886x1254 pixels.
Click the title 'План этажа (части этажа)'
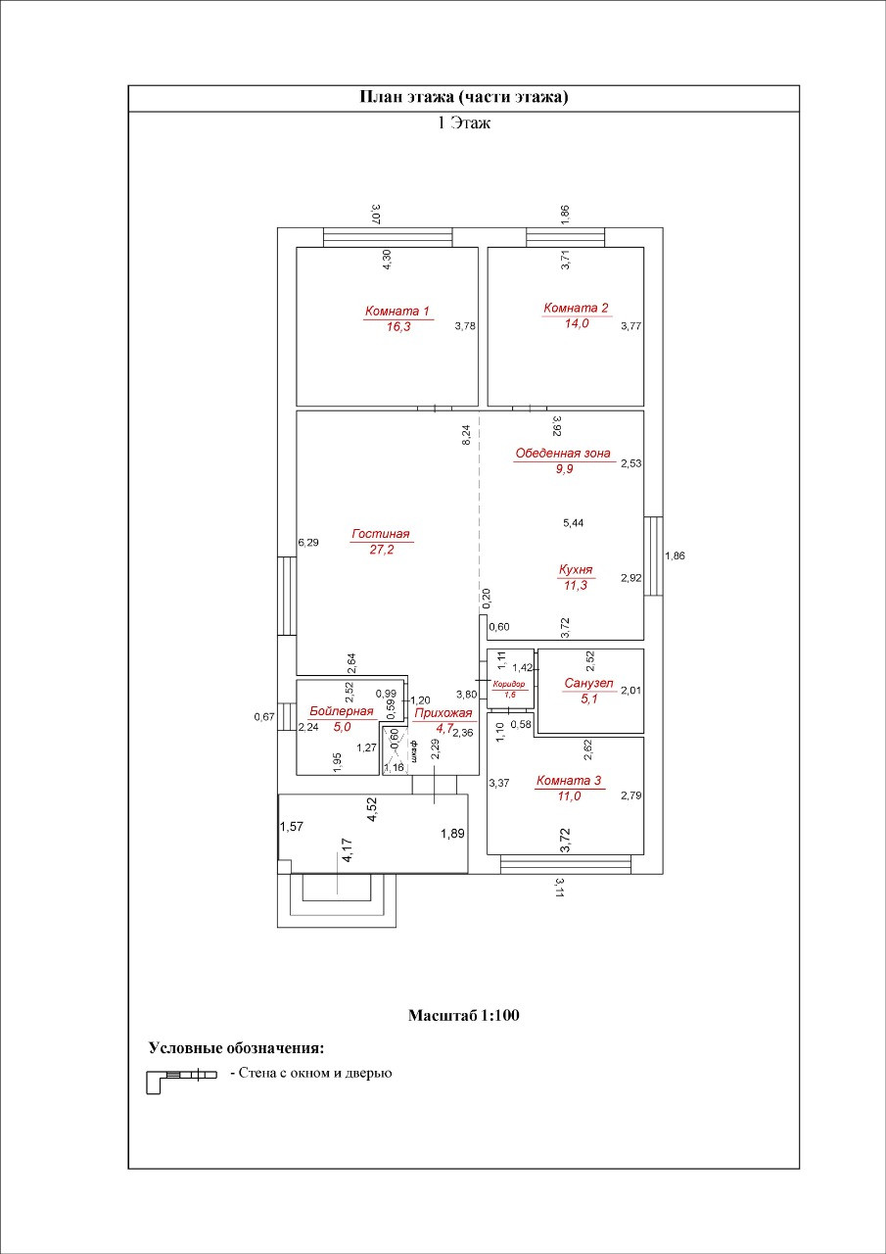point(464,97)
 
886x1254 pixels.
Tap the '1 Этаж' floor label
point(464,123)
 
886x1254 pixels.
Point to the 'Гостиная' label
point(380,534)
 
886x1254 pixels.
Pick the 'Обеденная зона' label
point(563,454)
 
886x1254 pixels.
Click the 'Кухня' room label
point(576,569)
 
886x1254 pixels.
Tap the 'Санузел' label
point(589,683)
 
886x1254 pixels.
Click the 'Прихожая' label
point(443,713)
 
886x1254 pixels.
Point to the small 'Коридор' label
point(509,684)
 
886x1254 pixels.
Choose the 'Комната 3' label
point(569,781)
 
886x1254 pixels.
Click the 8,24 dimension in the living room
point(467,436)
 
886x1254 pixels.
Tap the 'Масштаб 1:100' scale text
point(463,1015)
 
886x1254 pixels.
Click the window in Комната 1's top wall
point(388,237)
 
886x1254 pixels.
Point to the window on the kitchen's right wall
point(653,555)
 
